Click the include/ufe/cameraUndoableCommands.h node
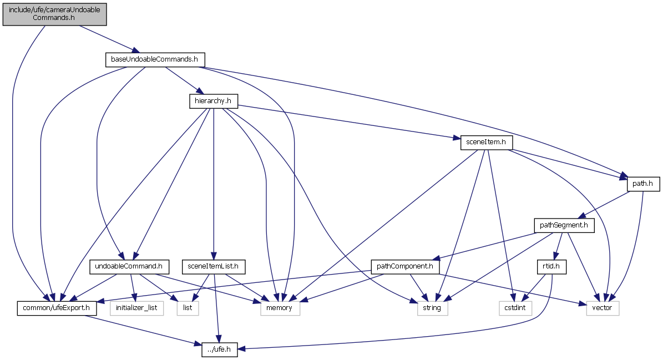[54, 13]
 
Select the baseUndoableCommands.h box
[155, 59]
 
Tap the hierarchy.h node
[213, 101]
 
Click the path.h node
[643, 184]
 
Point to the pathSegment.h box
[564, 225]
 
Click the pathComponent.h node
[404, 267]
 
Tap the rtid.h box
[551, 267]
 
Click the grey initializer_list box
[136, 308]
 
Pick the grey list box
[188, 308]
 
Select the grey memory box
[280, 308]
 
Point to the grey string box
[432, 308]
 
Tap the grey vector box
[603, 308]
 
